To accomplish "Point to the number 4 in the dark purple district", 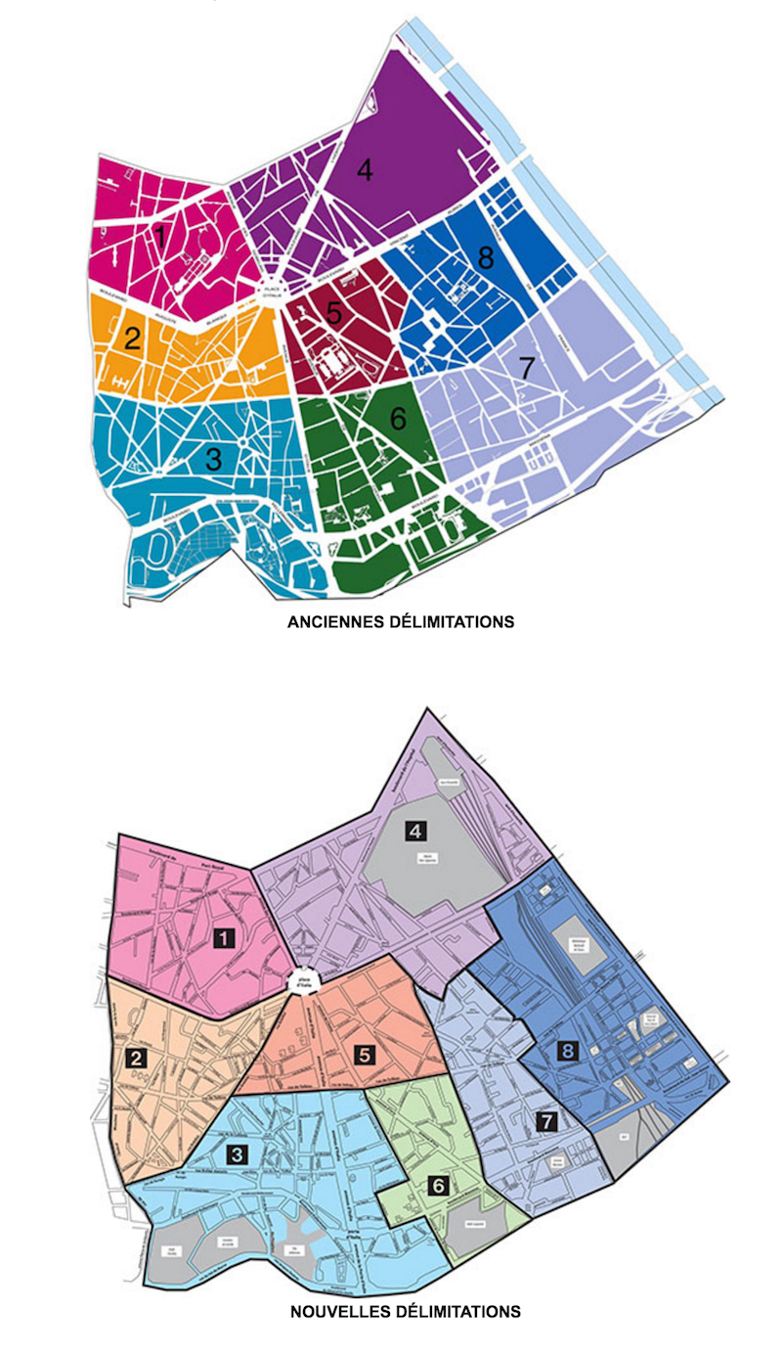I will [x=365, y=170].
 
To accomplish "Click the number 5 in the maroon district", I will [x=334, y=313].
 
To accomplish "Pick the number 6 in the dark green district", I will [x=397, y=418].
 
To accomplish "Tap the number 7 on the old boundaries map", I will [x=528, y=369].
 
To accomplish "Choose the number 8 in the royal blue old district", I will [x=486, y=258].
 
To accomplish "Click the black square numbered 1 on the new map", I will [x=225, y=939].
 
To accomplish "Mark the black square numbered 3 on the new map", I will [x=236, y=1154].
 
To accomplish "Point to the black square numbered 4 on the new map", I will [x=415, y=832].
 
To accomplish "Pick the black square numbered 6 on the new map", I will [x=438, y=1186].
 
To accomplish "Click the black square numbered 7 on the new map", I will [x=547, y=1122].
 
